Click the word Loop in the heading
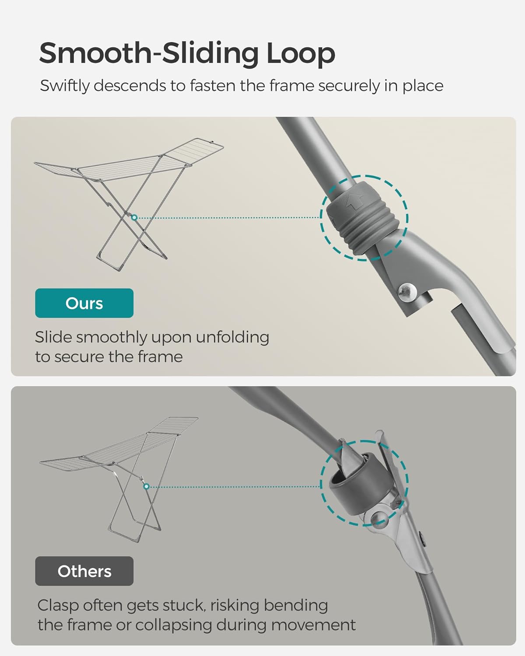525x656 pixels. pyautogui.click(x=301, y=54)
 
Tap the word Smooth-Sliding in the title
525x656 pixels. pyautogui.click(x=149, y=53)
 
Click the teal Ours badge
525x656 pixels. pyautogui.click(x=84, y=303)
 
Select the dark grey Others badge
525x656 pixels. pyautogui.click(x=84, y=571)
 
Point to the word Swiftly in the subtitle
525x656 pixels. pyautogui.click(x=65, y=86)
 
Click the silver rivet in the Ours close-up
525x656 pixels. pyautogui.click(x=407, y=293)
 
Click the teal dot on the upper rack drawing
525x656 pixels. pyautogui.click(x=134, y=217)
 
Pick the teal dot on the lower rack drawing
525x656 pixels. pyautogui.click(x=147, y=486)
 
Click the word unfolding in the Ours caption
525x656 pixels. pyautogui.click(x=232, y=338)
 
